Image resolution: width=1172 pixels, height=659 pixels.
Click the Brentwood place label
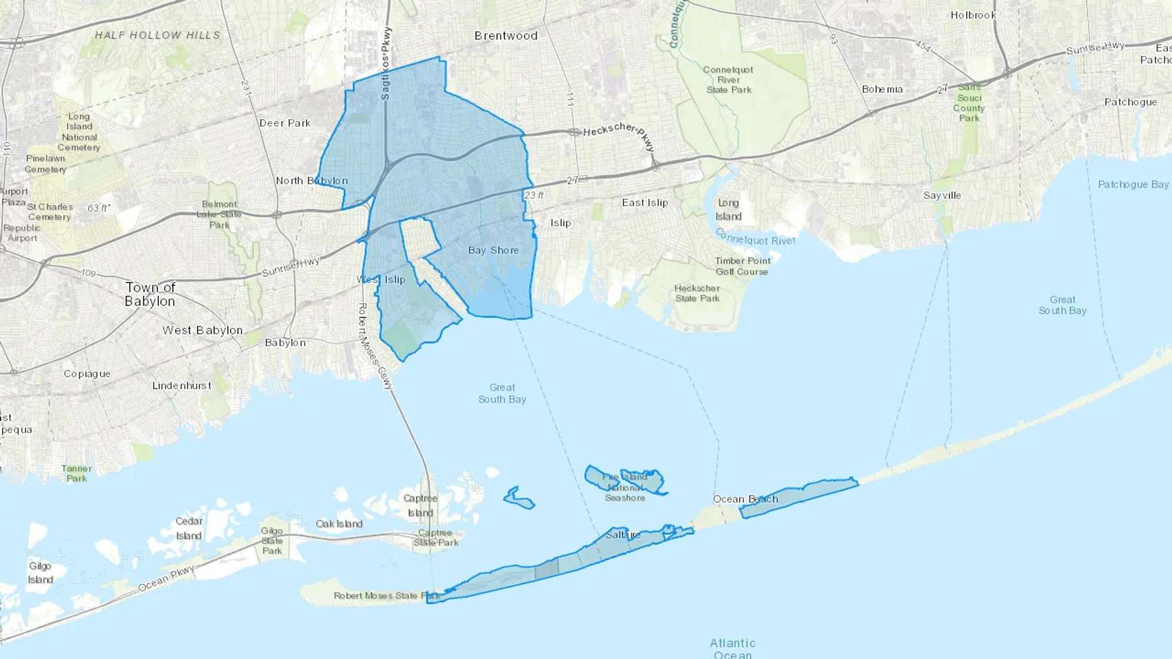pos(506,36)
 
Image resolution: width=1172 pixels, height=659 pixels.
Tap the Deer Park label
pos(285,123)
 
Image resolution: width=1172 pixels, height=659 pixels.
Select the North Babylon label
pos(311,181)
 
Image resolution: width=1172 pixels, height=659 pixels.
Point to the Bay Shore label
pos(494,250)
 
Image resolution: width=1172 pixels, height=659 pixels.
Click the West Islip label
pos(381,280)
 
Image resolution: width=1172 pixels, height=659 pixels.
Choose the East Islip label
pos(645,203)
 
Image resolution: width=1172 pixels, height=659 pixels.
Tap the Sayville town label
pos(942,195)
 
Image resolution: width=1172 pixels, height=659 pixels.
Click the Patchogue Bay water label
pos(1133,185)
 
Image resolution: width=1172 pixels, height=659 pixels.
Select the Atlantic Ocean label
pos(732,649)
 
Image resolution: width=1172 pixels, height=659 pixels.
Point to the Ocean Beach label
pos(745,500)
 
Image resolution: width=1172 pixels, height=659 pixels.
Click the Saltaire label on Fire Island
pos(623,535)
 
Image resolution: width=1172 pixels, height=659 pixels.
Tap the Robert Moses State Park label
pos(387,596)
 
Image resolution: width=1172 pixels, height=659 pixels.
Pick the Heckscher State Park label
pos(697,293)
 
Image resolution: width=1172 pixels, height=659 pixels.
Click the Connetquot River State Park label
pos(729,79)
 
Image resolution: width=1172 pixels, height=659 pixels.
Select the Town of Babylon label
pos(150,294)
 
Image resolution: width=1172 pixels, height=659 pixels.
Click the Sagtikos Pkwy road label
pos(386,63)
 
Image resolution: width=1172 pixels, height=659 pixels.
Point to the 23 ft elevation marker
pos(534,195)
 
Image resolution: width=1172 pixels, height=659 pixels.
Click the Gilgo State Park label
pos(272,541)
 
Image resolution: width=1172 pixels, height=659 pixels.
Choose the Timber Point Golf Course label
pos(742,266)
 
